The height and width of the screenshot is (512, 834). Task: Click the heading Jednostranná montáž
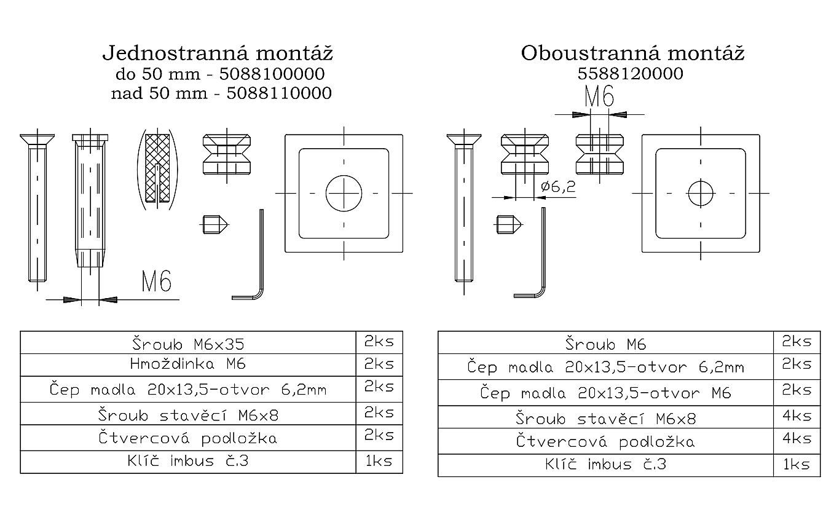[218, 53]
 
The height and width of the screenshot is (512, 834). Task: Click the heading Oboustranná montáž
[632, 53]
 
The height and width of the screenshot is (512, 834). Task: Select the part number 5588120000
[631, 74]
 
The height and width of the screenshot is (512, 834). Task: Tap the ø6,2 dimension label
[558, 187]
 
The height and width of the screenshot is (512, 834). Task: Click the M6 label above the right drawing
[599, 97]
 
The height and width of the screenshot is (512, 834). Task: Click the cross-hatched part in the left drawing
[158, 166]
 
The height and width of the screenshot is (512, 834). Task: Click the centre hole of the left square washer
[344, 193]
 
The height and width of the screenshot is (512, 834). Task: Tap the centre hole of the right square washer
[701, 194]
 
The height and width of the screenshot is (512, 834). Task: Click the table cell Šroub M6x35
[188, 342]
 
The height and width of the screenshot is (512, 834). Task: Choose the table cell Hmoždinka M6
[188, 364]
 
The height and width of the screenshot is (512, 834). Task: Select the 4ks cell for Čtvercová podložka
[797, 439]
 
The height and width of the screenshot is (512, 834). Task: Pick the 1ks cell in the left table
[379, 461]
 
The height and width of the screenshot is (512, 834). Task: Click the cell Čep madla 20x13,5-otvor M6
[605, 393]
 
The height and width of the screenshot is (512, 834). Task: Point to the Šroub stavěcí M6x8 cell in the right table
[605, 419]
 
